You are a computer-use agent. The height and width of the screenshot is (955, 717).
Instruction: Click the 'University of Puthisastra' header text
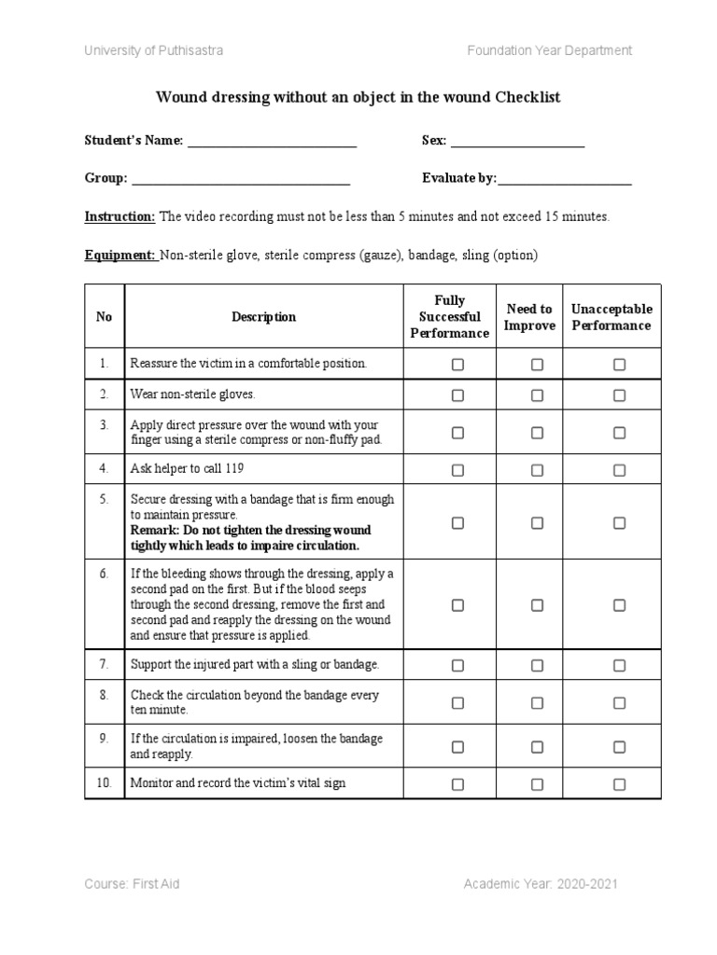pyautogui.click(x=154, y=49)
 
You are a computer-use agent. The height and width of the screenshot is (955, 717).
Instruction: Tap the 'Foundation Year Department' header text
pyautogui.click(x=549, y=49)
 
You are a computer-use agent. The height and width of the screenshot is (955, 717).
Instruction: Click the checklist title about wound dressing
pyautogui.click(x=358, y=97)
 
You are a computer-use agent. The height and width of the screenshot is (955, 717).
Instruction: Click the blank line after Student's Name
pyautogui.click(x=273, y=145)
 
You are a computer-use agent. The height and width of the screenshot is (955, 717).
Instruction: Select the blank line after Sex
pyautogui.click(x=517, y=145)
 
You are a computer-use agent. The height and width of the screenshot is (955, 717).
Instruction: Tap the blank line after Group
pyautogui.click(x=241, y=182)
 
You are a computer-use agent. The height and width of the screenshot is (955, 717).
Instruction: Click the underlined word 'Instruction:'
pyautogui.click(x=119, y=216)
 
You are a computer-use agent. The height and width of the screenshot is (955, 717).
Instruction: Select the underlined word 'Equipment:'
pyautogui.click(x=120, y=255)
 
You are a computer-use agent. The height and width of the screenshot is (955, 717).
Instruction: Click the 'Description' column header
pyautogui.click(x=264, y=317)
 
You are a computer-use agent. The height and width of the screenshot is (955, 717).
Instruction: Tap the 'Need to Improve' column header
pyautogui.click(x=529, y=317)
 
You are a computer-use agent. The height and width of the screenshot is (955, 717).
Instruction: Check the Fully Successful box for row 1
pyautogui.click(x=457, y=365)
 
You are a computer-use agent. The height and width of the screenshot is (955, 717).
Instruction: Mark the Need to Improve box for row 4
pyautogui.click(x=537, y=469)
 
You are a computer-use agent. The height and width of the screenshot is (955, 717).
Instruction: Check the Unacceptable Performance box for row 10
pyautogui.click(x=619, y=784)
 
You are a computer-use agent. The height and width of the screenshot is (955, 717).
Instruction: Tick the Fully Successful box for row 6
pyautogui.click(x=457, y=605)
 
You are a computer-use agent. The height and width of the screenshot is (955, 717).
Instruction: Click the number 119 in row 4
pyautogui.click(x=234, y=468)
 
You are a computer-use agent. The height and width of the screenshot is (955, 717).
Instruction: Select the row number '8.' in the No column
pyautogui.click(x=104, y=695)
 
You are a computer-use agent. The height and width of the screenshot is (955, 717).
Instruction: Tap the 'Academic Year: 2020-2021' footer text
pyautogui.click(x=540, y=884)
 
